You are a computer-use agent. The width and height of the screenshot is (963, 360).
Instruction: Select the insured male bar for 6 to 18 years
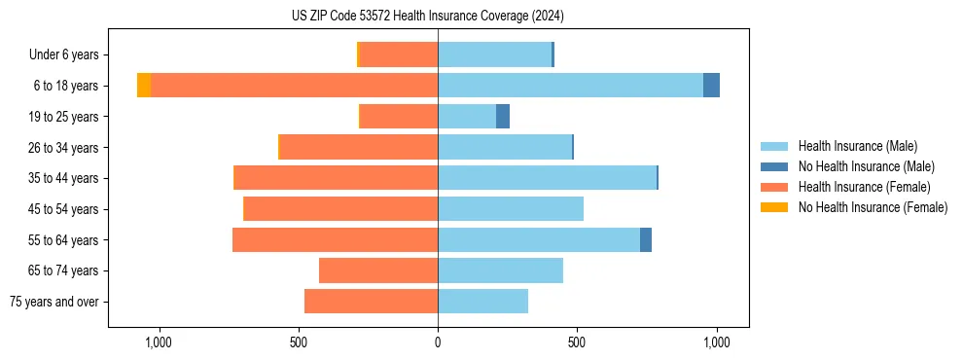(x=570, y=86)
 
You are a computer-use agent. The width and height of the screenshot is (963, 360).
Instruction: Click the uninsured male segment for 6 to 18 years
(x=711, y=86)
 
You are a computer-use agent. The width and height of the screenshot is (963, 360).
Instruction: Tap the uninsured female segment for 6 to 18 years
(x=144, y=86)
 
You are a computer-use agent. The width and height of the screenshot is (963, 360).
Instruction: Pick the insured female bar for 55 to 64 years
(x=335, y=239)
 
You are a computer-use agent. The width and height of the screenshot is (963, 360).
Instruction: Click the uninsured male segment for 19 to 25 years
(x=503, y=117)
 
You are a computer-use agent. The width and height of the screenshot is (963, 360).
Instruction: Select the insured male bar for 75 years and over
(x=482, y=302)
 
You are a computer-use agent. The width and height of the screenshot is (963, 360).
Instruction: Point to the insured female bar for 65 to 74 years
(x=378, y=270)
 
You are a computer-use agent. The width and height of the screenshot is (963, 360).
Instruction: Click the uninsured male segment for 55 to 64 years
(x=646, y=239)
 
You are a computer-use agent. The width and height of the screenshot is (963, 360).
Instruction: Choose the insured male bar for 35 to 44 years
(x=547, y=178)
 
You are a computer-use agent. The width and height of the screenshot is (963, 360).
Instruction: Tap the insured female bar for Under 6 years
(x=399, y=54)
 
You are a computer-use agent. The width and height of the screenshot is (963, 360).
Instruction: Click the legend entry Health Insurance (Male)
(x=857, y=146)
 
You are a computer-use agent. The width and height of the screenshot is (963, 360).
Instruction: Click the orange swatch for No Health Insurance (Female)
(x=774, y=207)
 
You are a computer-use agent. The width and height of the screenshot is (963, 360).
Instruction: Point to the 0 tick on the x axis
(x=438, y=342)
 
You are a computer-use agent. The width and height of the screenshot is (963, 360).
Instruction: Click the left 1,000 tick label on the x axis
(x=159, y=342)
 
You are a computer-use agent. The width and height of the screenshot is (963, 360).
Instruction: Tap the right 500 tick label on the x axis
(x=577, y=342)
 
